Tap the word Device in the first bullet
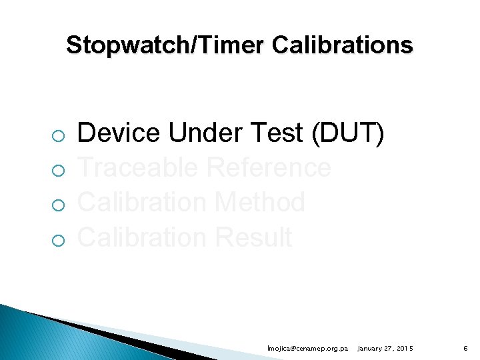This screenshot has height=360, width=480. click(119, 133)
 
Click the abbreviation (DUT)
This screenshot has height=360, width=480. click(348, 133)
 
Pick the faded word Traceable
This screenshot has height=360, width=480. click(138, 168)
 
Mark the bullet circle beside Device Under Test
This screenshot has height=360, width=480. click(58, 137)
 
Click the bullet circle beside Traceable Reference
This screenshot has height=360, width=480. click(58, 171)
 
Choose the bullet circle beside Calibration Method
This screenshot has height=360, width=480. click(58, 206)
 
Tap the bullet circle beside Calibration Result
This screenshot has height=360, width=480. click(58, 241)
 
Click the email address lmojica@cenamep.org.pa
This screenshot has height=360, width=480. click(307, 349)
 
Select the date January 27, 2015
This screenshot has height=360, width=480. click(385, 349)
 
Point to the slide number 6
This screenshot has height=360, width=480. click(466, 349)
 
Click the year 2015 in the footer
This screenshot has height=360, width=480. click(404, 349)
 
